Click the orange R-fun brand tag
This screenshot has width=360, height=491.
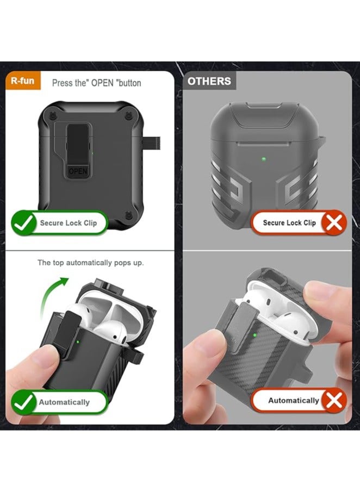[x=23, y=82]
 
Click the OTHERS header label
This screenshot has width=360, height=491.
[x=209, y=82]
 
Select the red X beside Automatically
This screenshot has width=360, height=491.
[x=334, y=401]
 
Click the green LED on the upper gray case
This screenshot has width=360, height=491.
[x=264, y=159]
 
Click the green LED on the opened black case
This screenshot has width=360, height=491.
[x=80, y=343]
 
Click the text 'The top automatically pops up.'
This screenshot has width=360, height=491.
[x=90, y=263]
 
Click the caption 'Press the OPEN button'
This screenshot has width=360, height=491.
[x=96, y=83]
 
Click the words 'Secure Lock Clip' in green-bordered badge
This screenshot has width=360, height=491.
[x=67, y=223]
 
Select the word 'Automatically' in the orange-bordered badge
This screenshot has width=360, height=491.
[x=294, y=401]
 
